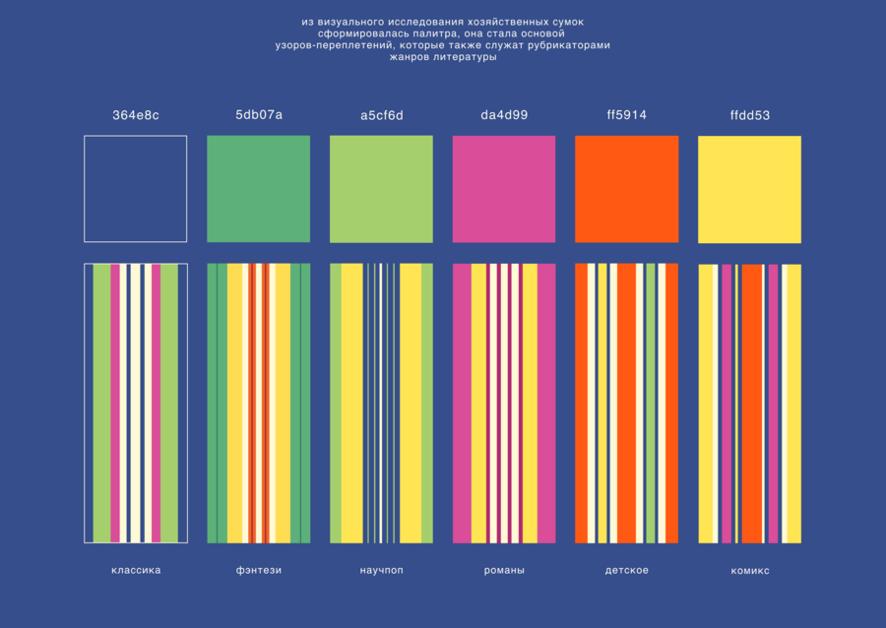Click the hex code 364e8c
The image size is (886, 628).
click(x=136, y=115)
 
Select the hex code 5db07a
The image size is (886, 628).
click(x=259, y=114)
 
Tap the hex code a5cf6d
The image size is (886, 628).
click(x=382, y=115)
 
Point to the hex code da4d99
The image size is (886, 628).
click(x=504, y=114)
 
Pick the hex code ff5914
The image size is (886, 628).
click(x=627, y=114)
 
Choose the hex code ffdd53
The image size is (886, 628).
click(x=750, y=115)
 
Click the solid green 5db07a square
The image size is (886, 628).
click(x=258, y=189)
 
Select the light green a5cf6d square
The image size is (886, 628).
click(x=381, y=189)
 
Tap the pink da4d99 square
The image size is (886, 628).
click(x=504, y=189)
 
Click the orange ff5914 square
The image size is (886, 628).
click(x=627, y=189)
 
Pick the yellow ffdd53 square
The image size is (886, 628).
click(x=749, y=190)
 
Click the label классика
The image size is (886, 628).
click(x=136, y=570)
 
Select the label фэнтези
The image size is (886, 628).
click(x=259, y=570)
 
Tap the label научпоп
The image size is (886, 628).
click(x=381, y=570)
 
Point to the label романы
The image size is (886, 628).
click(x=504, y=570)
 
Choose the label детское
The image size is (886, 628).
click(x=627, y=570)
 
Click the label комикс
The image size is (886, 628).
click(x=750, y=571)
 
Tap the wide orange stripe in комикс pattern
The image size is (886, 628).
click(x=751, y=404)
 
